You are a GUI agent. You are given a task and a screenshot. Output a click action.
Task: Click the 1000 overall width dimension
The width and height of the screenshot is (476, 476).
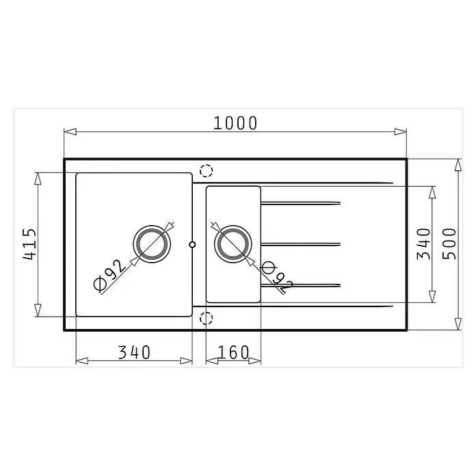point(235,123)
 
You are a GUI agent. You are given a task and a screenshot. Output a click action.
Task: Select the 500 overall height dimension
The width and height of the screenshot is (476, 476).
point(449,244)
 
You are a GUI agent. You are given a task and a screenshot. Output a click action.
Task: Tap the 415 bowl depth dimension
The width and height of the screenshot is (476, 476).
point(29,244)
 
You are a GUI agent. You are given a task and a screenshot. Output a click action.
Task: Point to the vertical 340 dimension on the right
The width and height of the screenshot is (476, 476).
point(424,244)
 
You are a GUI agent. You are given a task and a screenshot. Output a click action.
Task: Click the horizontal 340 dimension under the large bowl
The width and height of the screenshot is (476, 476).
point(134,352)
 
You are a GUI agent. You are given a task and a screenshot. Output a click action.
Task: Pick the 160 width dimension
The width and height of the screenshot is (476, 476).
point(233,352)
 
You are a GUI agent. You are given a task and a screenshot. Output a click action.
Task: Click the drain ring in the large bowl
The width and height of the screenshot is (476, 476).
point(152,244)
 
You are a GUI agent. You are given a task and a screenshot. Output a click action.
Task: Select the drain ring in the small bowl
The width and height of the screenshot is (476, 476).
point(233,244)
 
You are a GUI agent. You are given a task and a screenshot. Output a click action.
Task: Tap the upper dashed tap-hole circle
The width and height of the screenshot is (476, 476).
point(206,170)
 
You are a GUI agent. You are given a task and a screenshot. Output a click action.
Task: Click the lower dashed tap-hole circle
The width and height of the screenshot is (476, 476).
point(206,318)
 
